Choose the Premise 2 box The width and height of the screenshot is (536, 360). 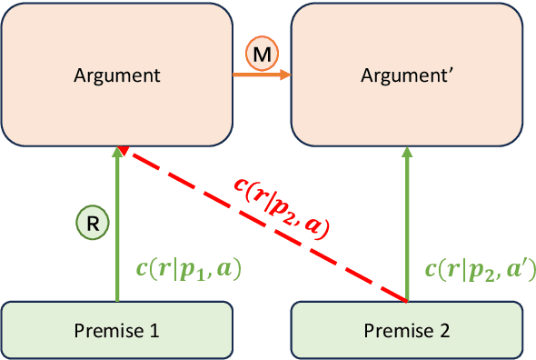click(406, 328)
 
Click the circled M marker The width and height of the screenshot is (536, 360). click(262, 56)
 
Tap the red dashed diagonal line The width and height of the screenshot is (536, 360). click(273, 227)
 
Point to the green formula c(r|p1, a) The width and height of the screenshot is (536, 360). click(186, 268)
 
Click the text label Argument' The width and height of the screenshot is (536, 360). click(408, 75)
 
